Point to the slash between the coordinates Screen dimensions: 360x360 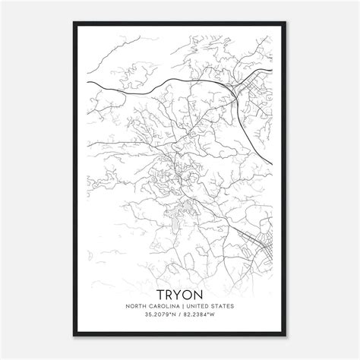(x=180, y=317)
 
